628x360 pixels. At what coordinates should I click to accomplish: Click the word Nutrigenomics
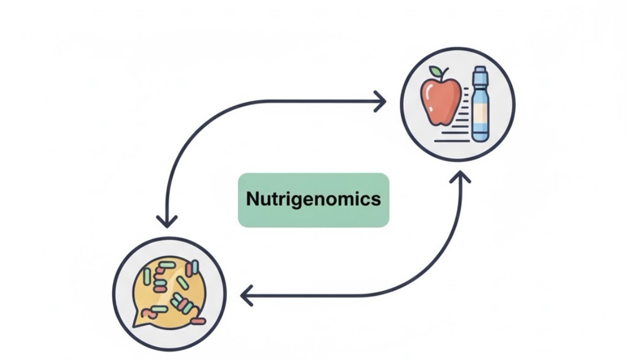[x=313, y=200]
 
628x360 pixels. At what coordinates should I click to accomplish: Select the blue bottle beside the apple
[x=480, y=105]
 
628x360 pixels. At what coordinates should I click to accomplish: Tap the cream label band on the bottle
[x=480, y=113]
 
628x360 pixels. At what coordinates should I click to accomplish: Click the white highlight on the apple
[x=428, y=92]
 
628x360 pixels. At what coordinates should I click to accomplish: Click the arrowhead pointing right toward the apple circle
[x=381, y=101]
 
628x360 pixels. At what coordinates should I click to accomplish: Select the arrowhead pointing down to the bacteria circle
[x=167, y=221]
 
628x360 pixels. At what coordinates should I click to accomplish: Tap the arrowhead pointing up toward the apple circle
[x=460, y=178]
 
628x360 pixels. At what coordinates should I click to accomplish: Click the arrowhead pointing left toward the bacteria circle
[x=246, y=296]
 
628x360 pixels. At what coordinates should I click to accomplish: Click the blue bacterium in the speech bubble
[x=195, y=267]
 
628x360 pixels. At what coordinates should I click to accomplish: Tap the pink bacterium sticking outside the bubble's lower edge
[x=198, y=321]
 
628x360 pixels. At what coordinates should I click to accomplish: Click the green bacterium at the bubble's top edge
[x=167, y=265]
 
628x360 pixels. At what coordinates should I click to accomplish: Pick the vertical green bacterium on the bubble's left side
[x=147, y=277]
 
